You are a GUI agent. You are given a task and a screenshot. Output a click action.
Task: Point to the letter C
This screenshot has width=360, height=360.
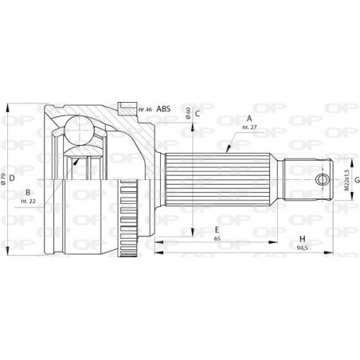point(197,113)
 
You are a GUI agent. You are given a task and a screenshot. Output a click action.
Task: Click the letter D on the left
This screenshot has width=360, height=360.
point(14,168)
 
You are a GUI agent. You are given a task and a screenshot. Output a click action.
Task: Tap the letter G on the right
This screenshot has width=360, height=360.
point(357,180)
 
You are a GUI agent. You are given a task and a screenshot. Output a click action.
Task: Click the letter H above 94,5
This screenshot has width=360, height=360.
point(303,240)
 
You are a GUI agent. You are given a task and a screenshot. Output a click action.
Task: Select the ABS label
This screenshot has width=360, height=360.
point(163,108)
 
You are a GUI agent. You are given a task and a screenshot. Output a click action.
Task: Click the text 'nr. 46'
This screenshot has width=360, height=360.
point(144,108)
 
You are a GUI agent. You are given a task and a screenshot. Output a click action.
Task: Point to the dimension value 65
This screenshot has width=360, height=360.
point(217,238)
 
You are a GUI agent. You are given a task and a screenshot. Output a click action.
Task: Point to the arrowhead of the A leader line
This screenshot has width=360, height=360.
point(227,151)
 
